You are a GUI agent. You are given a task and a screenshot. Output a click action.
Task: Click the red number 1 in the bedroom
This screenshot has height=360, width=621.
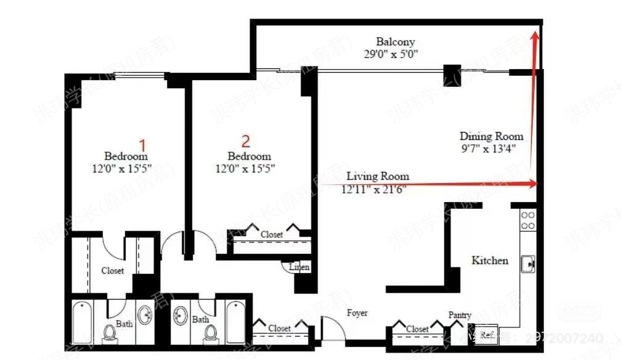coord(143,145)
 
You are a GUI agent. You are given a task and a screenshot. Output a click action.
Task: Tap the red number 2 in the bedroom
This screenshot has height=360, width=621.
coord(246,141)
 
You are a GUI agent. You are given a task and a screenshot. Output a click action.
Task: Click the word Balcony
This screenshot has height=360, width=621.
coord(396,42)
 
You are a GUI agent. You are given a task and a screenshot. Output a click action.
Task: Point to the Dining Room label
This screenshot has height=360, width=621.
coord(491,136)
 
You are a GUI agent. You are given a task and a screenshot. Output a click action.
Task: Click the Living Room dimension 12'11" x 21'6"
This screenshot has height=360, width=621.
coord(373,190)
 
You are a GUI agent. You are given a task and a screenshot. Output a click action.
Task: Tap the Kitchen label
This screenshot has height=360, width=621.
coord(490,260)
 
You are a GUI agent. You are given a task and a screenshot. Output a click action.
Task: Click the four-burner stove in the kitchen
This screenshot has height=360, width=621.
coord(527,220)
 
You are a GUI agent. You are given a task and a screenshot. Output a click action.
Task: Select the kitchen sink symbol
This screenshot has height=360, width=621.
coord(527,263)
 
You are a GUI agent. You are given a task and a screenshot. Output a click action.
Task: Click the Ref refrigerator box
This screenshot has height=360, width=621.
coord(486,335)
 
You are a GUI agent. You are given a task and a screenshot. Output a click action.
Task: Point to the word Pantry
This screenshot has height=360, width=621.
coord(460,314)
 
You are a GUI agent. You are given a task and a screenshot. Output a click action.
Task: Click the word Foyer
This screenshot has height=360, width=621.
coord(357,313)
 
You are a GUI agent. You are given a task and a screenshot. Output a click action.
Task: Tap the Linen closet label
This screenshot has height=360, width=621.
coord(299,267)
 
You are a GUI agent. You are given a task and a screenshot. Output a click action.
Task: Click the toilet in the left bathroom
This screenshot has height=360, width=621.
coord(110,333)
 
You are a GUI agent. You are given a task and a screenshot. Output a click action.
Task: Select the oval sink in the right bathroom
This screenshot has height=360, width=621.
coord(181,316)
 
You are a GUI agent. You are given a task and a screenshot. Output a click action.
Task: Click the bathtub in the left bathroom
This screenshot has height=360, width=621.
coord(83,322)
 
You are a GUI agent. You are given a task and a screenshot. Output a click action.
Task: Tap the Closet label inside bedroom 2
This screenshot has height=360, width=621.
coord(271,235)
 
